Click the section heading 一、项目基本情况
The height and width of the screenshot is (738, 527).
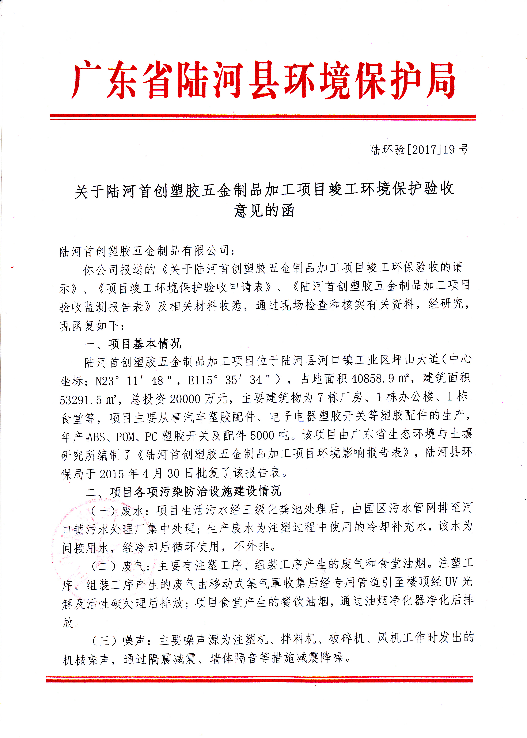tap(132, 343)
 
